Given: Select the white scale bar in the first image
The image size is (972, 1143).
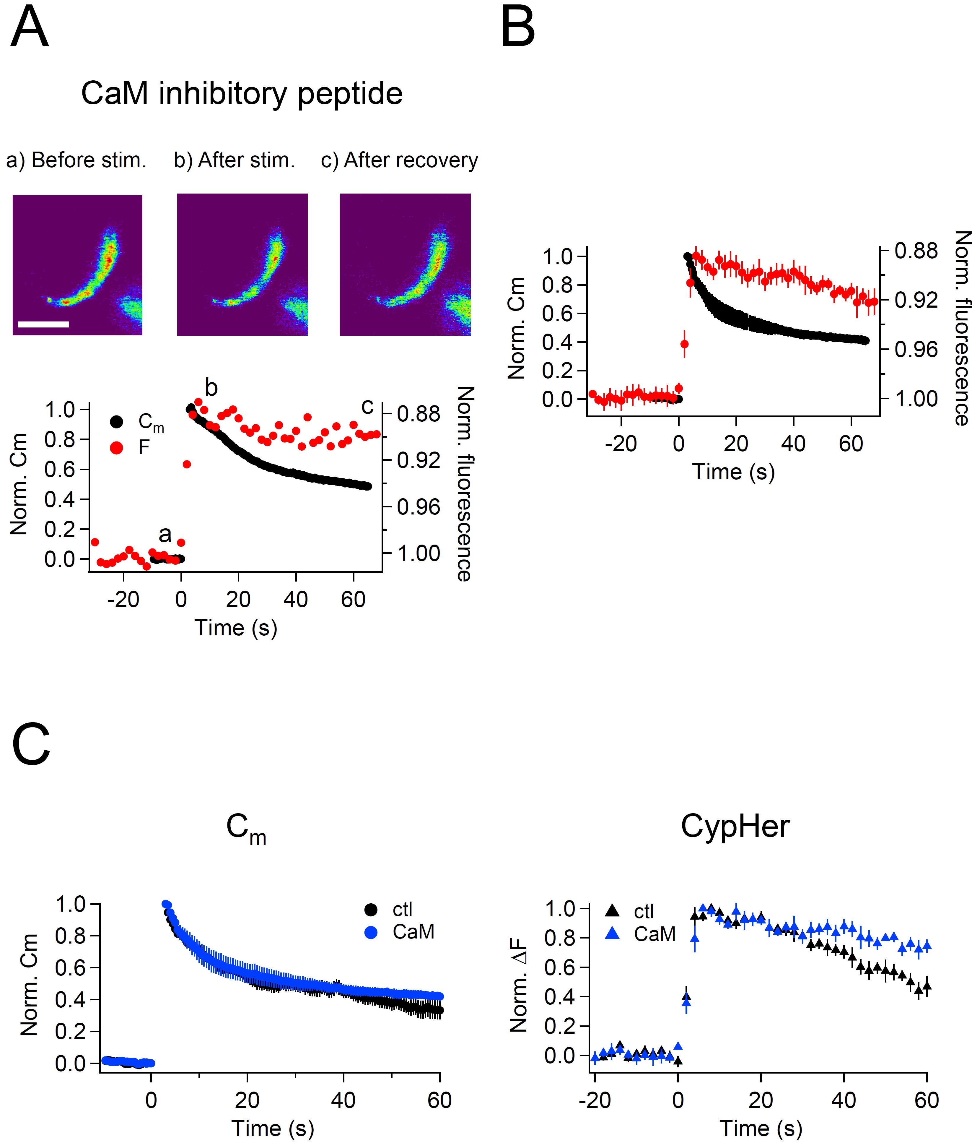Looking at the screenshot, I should [x=43, y=324].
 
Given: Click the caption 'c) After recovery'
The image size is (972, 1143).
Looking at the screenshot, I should [x=400, y=160].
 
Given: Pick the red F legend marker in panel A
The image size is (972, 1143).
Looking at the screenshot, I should [x=116, y=448].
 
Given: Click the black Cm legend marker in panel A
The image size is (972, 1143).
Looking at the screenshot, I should [x=116, y=422].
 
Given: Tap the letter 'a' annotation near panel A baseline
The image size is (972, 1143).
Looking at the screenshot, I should [x=165, y=534].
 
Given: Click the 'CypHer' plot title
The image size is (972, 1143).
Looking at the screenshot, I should [x=735, y=827].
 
